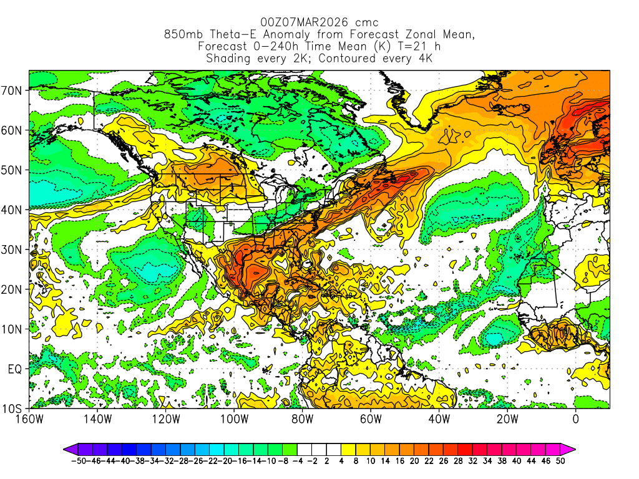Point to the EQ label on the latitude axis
coord(15,369)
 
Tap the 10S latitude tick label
coord(13,409)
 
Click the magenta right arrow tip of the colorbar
coord(570,448)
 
